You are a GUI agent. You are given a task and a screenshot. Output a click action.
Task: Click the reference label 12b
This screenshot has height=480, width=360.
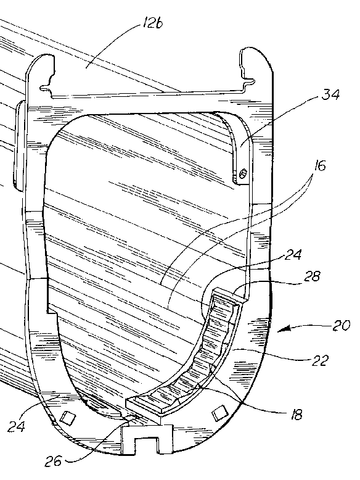(152, 23)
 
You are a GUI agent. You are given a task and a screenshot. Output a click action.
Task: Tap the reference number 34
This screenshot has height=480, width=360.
(330, 94)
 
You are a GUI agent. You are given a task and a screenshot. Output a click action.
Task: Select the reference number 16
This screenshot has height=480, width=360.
(319, 165)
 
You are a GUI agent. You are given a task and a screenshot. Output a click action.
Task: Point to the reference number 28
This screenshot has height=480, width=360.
(311, 276)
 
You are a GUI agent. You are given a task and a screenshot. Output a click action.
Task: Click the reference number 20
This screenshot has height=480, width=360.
(341, 325)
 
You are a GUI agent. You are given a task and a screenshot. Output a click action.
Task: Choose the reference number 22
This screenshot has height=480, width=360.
(319, 360)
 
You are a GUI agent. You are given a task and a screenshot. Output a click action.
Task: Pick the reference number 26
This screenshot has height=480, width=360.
(53, 460)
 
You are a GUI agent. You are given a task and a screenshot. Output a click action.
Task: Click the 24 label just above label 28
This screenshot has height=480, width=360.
(293, 255)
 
